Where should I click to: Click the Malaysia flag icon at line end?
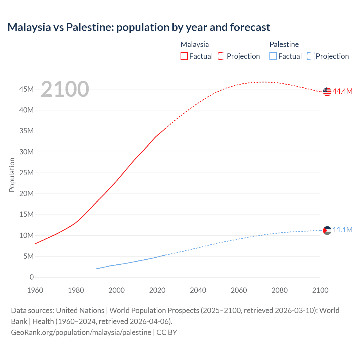point(327,92)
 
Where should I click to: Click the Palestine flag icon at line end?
point(327,231)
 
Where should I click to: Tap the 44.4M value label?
point(342,91)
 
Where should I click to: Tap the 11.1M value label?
point(342,230)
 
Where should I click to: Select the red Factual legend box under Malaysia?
point(184,56)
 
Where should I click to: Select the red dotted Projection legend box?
point(222,56)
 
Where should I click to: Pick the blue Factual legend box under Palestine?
point(273,56)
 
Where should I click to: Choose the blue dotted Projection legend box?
point(311,56)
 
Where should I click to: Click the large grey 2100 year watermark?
point(65,89)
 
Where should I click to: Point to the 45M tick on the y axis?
point(26,89)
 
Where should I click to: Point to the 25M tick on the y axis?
point(26,173)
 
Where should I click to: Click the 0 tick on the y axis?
point(31,277)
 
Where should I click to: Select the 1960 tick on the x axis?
point(35,290)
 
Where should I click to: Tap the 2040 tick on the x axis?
point(198,290)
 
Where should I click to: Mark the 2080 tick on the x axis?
point(280,290)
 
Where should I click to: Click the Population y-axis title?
point(12,175)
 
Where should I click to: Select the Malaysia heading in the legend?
point(195,44)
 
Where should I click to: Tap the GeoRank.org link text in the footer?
point(81,332)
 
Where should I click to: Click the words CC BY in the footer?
point(167,332)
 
